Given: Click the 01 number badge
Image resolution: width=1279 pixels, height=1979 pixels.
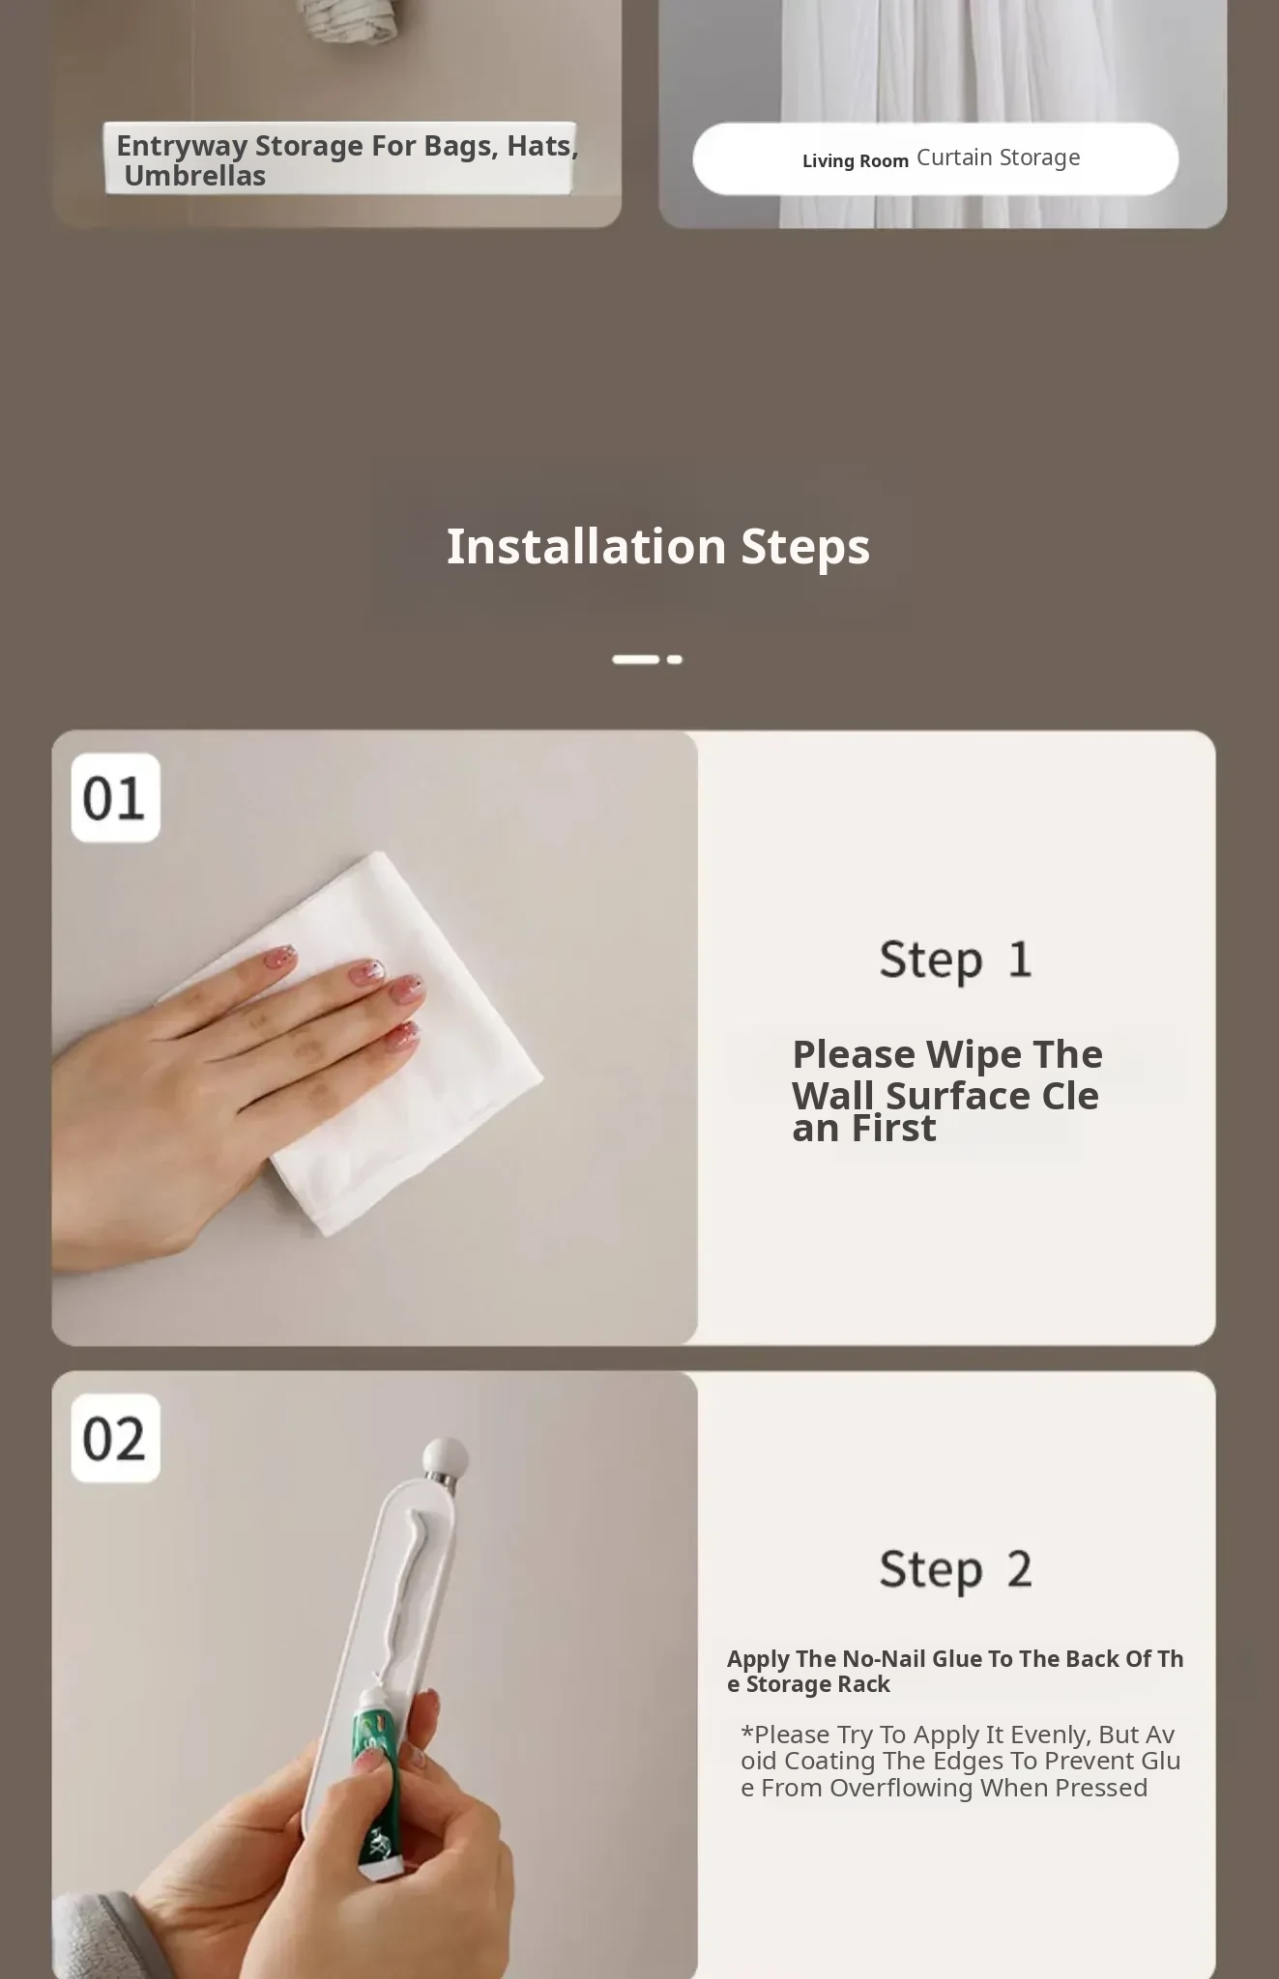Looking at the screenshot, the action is pyautogui.click(x=115, y=797).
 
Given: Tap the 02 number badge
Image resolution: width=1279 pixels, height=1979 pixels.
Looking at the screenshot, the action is pyautogui.click(x=115, y=1438).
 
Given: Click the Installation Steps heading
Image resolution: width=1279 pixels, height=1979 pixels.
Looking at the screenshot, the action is pyautogui.click(x=657, y=547).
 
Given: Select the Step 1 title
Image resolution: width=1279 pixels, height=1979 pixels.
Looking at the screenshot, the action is pyautogui.click(x=955, y=961).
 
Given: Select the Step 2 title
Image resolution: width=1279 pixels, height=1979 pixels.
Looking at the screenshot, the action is pyautogui.click(x=955, y=1570).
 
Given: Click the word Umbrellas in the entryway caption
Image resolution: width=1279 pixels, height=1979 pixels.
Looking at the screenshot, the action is pyautogui.click(x=195, y=176).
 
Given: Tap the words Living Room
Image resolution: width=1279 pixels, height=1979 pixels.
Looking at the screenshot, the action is pyautogui.click(x=856, y=160).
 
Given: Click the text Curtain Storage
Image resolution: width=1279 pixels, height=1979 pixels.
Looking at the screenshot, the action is pyautogui.click(x=999, y=158).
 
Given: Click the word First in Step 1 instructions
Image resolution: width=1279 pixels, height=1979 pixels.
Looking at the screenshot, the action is pyautogui.click(x=894, y=1129).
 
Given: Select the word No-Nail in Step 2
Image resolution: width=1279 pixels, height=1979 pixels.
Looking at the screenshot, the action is pyautogui.click(x=884, y=1659).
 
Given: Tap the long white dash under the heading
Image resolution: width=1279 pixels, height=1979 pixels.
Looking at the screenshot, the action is pyautogui.click(x=635, y=659).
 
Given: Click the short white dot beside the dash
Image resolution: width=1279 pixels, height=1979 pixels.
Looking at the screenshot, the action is pyautogui.click(x=675, y=659).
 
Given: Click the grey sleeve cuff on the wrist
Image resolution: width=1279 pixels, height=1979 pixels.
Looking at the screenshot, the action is pyautogui.click(x=92, y=1937).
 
